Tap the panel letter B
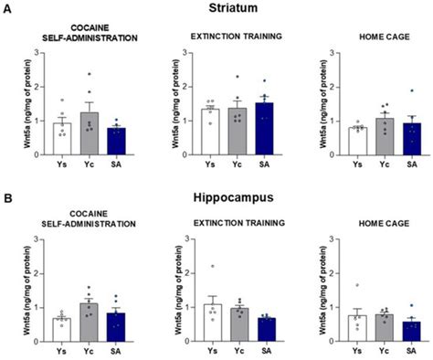8,197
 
